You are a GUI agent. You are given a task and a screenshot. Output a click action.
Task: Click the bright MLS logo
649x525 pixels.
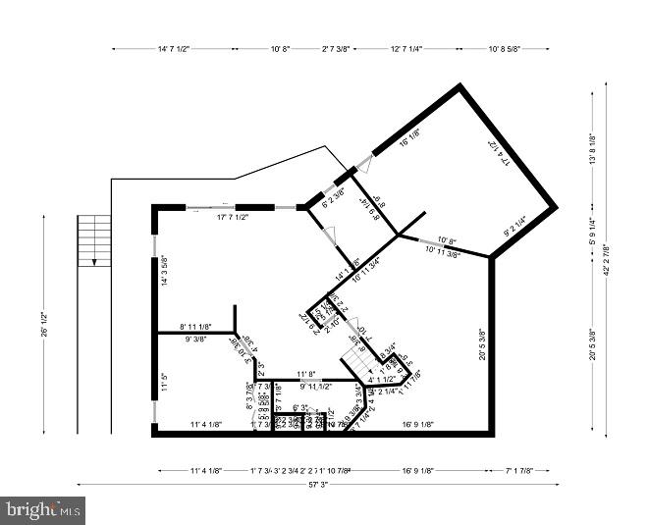click(43, 509)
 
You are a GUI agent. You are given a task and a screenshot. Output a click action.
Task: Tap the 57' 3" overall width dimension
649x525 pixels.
click(317, 483)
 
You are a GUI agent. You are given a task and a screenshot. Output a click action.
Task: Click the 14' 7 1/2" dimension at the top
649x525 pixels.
click(173, 48)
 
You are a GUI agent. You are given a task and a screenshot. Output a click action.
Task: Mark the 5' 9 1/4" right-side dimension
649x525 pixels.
click(592, 230)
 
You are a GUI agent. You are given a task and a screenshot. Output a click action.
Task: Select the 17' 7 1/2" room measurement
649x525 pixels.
click(233, 217)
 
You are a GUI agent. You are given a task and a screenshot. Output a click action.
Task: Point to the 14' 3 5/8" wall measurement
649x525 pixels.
click(163, 271)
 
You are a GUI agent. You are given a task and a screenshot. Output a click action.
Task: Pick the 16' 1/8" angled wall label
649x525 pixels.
click(409, 138)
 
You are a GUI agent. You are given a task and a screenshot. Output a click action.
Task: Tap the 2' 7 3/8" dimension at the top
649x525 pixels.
click(337, 48)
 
